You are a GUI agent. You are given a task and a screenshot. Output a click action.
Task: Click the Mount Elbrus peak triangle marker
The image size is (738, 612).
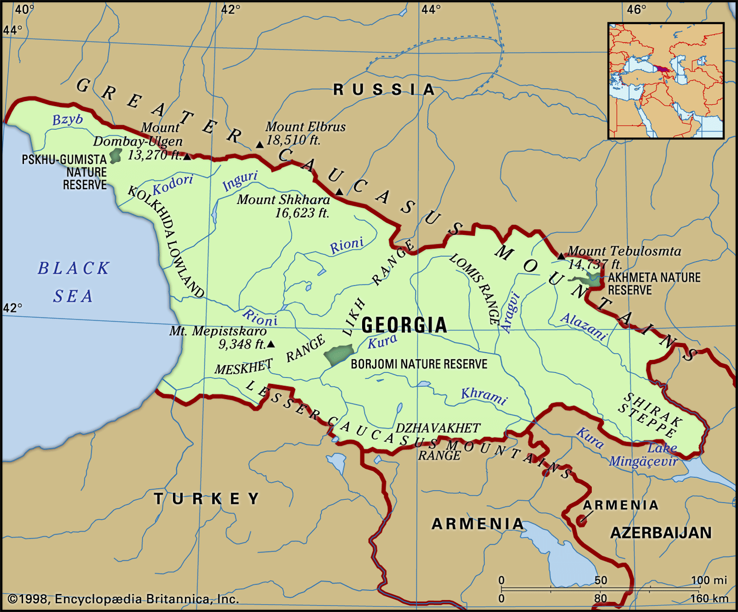tap(260, 145)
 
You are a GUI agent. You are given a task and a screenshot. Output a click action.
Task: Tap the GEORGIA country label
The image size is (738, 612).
tap(404, 325)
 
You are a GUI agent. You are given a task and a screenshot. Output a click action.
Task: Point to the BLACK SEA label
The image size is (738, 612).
tap(73, 282)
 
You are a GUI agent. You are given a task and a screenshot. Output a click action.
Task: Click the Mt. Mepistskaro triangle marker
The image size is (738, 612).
tap(271, 344)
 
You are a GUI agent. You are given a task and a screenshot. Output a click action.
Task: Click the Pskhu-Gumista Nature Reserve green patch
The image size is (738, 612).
tap(115, 156)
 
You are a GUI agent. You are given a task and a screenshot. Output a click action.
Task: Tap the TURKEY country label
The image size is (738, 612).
tap(207, 498)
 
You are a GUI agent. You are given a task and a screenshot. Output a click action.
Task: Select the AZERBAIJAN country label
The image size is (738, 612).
tap(661, 533)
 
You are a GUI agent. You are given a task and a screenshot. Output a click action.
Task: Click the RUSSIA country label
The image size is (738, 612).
tap(384, 90)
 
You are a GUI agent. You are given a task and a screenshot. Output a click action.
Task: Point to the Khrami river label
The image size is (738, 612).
tap(484, 396)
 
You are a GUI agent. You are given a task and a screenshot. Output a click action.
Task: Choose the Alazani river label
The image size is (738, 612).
tap(584, 326)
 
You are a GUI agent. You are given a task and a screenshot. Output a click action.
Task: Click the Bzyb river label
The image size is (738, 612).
tap(67, 120)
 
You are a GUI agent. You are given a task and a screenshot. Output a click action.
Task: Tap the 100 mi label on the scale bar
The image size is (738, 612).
tap(708, 580)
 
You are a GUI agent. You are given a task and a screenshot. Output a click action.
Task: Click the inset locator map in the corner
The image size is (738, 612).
tap(666, 81)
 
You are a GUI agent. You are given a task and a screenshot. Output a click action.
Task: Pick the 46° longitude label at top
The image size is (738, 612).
tap(637, 9)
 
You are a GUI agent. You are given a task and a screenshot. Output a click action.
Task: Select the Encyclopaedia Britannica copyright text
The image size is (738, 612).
tap(124, 599)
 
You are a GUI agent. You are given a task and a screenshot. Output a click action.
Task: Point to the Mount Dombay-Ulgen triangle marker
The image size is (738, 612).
tap(187, 157)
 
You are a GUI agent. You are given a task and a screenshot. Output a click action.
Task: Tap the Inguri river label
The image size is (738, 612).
tap(240, 180)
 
